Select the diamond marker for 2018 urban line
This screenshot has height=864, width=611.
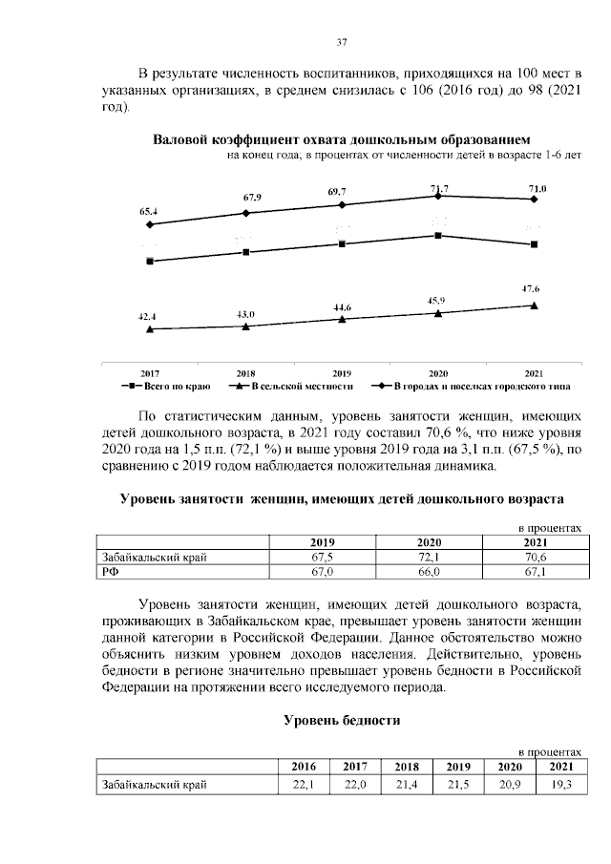tap(246, 213)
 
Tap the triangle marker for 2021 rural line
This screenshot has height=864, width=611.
tap(534, 306)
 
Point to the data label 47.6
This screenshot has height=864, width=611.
tap(533, 288)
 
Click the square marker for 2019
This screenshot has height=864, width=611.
tap(342, 243)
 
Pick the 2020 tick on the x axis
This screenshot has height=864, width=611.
tap(438, 372)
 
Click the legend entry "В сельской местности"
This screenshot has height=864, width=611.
tap(292, 387)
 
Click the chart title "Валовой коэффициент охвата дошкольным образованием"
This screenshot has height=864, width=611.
tap(342, 139)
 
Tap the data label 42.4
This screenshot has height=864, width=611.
tap(149, 315)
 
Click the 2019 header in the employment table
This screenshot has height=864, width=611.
tap(326, 543)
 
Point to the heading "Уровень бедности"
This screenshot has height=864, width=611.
tap(341, 721)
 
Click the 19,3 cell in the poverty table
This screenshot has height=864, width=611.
tap(555, 785)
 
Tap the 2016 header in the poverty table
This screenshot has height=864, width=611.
tap(303, 767)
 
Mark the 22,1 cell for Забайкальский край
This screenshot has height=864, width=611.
tap(303, 785)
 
